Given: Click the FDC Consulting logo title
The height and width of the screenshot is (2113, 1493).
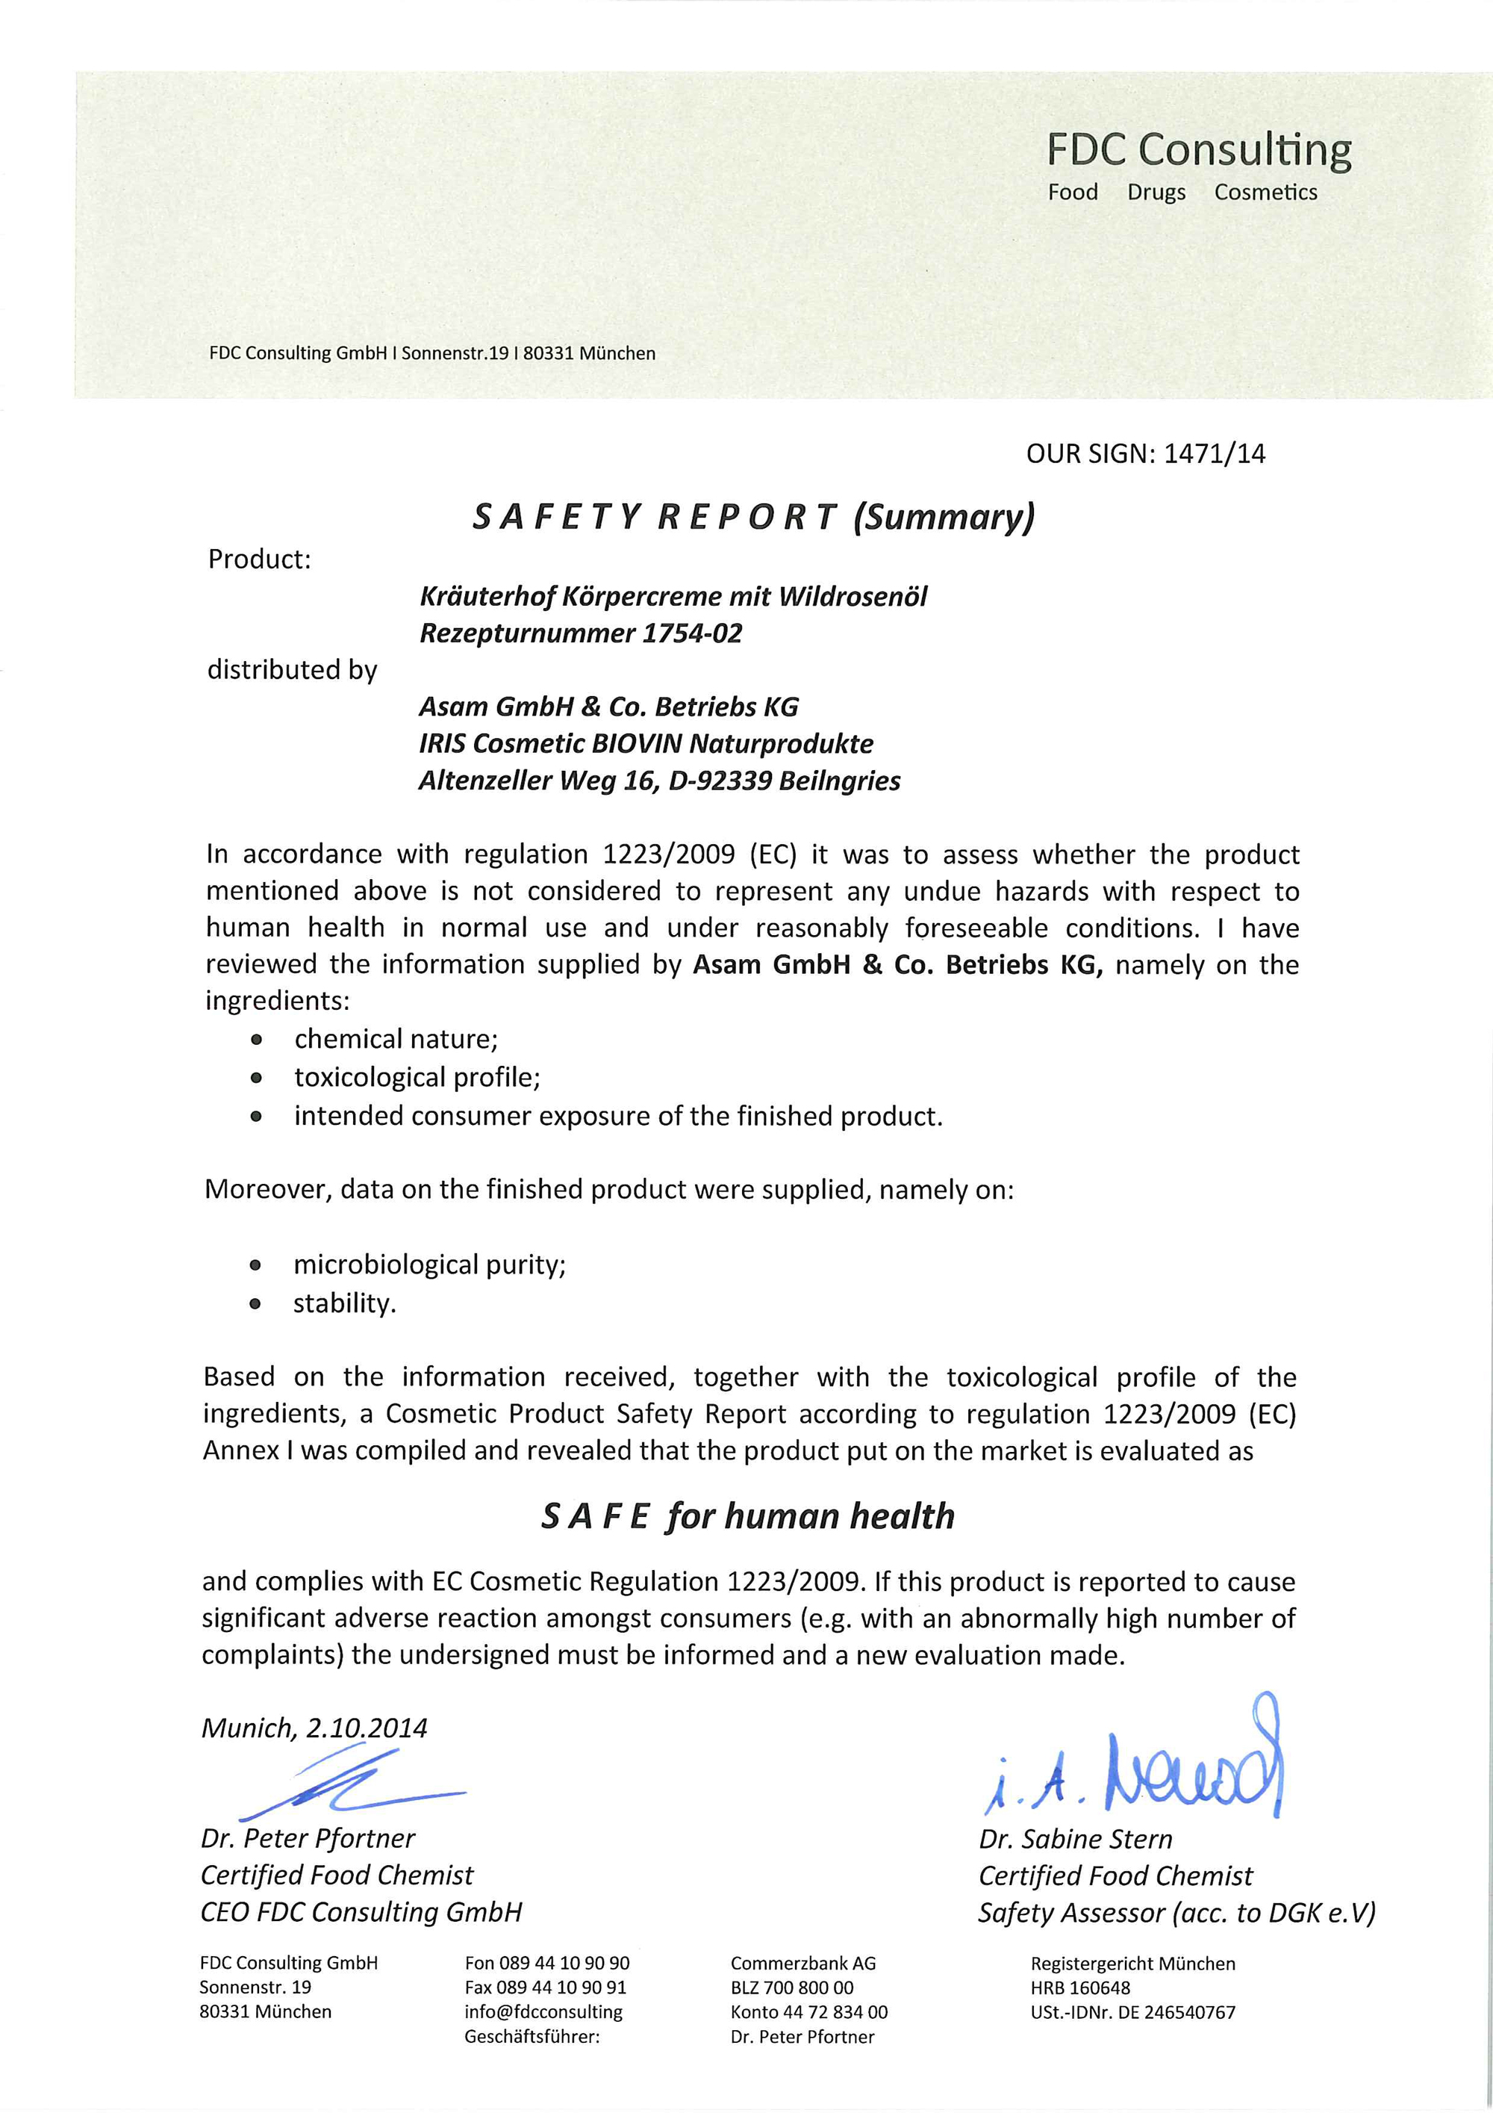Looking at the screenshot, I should click(1199, 150).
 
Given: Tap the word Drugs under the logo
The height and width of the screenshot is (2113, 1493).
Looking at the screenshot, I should click(1156, 193).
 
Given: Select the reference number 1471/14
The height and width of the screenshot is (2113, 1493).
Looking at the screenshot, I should click(1215, 453).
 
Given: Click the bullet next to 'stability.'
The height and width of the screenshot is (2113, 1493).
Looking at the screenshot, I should click(257, 1304).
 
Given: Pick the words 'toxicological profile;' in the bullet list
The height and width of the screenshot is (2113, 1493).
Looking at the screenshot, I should click(417, 1077).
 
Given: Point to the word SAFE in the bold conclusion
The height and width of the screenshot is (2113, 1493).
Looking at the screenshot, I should click(595, 1515).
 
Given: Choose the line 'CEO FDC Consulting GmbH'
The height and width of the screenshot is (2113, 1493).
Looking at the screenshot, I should click(361, 1911).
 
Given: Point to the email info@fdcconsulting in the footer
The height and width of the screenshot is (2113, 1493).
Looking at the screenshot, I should click(543, 2011).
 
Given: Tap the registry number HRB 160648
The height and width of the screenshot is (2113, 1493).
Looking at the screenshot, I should click(1080, 1988).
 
